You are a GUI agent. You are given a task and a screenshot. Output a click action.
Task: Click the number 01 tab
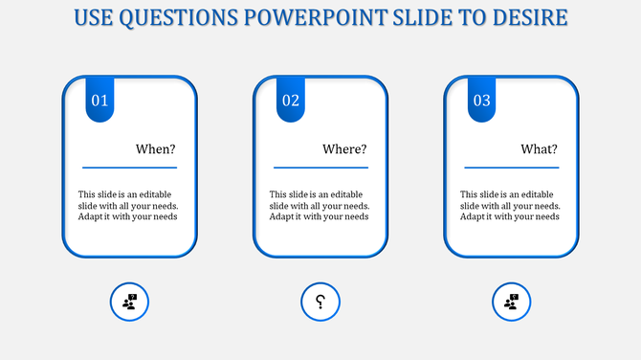100,101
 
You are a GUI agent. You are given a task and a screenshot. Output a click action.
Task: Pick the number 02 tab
291,101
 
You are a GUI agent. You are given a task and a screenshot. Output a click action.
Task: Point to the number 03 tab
482,101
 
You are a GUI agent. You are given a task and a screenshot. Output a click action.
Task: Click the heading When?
156,149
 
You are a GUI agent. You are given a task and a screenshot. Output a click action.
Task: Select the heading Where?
345,149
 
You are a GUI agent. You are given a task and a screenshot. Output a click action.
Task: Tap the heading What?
540,149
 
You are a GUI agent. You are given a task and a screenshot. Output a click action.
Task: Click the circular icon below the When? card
129,303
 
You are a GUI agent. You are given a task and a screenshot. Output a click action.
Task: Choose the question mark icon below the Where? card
320,303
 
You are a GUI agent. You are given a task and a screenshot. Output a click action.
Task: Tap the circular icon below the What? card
512,303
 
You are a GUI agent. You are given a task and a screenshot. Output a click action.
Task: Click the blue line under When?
129,168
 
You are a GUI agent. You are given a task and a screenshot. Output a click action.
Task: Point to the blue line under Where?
320,168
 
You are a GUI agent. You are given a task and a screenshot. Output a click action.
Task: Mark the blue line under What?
512,168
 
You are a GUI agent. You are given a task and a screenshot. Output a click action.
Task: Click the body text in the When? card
128,205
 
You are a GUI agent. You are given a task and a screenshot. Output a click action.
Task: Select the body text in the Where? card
320,205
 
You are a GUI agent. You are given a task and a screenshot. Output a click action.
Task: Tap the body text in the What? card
511,205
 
